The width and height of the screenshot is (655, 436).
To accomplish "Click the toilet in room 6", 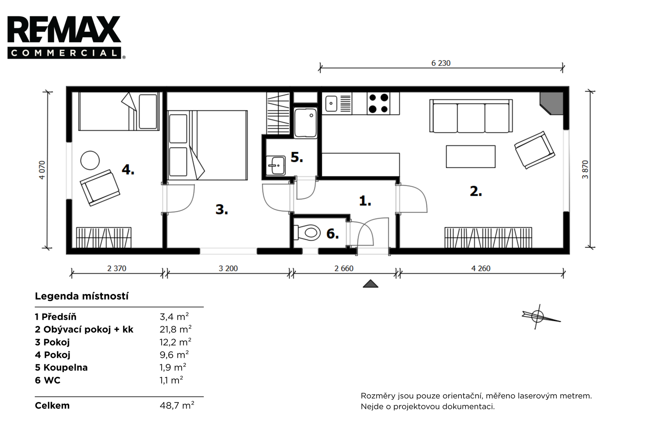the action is (307, 233).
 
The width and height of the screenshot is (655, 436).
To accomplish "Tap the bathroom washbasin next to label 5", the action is (276, 165).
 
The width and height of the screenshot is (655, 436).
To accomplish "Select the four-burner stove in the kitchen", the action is (378, 103).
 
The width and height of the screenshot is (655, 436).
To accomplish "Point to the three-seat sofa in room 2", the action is (471, 116).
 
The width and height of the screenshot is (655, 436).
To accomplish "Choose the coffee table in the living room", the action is (470, 157).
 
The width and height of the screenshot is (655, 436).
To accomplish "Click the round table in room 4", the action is (90, 160).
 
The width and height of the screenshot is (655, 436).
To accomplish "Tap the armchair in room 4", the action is (100, 188).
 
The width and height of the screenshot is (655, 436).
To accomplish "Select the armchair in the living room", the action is (535, 150).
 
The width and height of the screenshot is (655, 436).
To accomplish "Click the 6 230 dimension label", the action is (440, 63).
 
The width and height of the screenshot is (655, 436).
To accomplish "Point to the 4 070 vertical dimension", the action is (42, 170).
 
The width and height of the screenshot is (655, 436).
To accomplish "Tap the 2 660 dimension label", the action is (344, 268).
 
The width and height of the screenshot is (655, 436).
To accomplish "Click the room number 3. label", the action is (221, 209).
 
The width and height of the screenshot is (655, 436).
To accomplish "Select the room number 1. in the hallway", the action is (365, 201).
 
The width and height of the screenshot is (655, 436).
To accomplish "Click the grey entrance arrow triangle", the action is (370, 283).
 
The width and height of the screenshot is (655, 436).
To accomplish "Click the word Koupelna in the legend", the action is (65, 367).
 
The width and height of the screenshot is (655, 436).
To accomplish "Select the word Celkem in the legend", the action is (52, 406).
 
